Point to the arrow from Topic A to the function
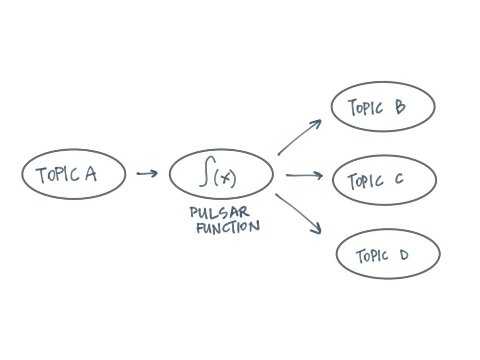point(147,173)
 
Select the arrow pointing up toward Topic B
point(299,138)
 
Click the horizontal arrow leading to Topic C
point(304,176)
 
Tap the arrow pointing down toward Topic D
point(298,214)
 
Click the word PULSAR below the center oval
point(219,213)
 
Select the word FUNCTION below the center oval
point(228,227)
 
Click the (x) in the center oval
point(225,179)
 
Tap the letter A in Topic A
point(91,174)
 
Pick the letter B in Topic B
point(400,107)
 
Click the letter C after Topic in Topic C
point(399,180)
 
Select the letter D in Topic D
point(403,255)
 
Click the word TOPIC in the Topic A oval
point(58,175)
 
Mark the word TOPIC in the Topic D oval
point(372,256)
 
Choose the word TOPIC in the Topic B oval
point(365,108)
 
